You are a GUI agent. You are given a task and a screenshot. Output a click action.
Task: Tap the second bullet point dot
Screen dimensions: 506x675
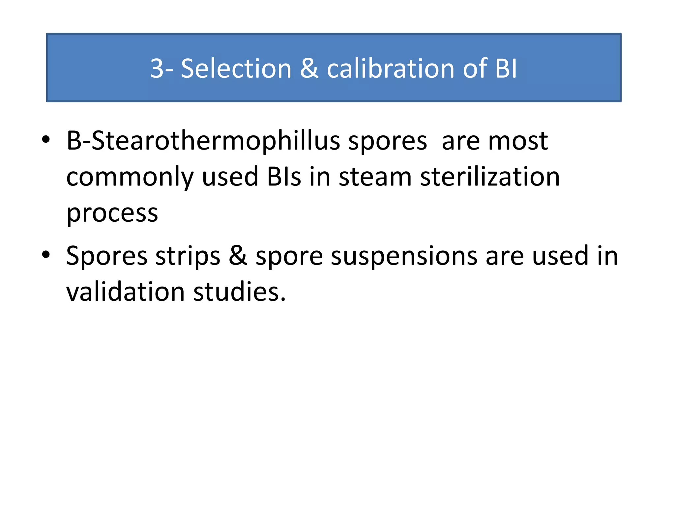46,254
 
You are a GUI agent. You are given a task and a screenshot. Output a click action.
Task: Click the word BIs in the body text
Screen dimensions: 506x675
284,177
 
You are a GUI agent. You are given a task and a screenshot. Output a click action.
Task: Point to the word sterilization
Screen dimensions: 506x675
490,177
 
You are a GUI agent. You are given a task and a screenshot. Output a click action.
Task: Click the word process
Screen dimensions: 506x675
112,213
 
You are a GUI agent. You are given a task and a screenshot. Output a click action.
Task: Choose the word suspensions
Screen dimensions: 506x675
404,256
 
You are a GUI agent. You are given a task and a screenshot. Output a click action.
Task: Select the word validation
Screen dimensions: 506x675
125,292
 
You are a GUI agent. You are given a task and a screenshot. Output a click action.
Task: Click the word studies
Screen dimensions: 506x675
239,292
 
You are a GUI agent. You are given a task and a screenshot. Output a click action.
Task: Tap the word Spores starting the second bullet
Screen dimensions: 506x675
106,256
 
